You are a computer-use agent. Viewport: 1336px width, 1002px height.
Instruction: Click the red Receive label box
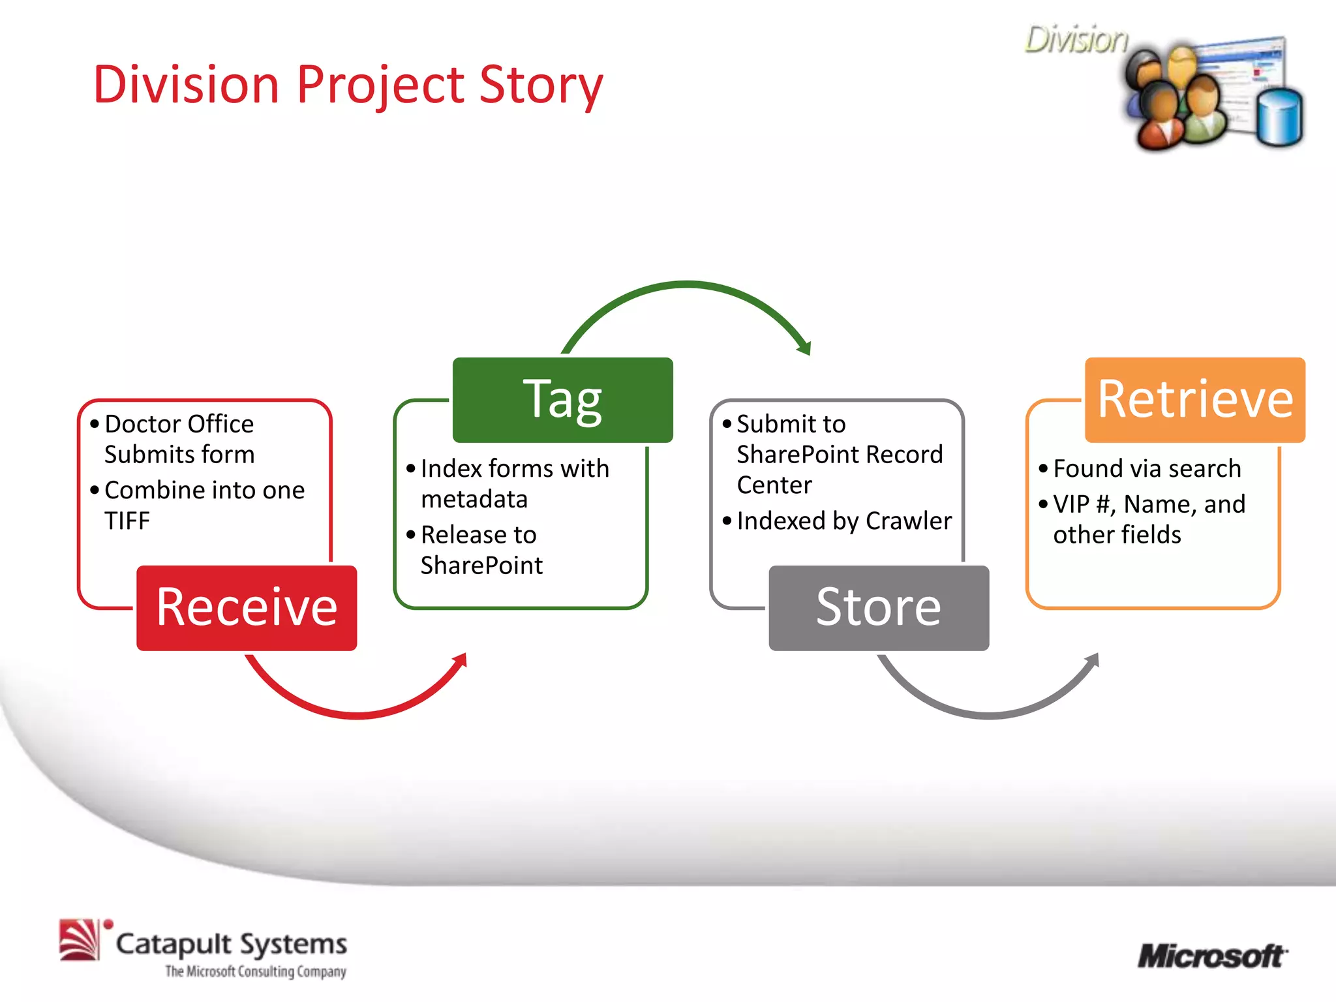coord(247,607)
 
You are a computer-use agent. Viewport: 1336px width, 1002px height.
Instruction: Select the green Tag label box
coord(562,399)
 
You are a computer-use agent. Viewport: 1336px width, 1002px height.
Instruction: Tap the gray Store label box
coord(878,607)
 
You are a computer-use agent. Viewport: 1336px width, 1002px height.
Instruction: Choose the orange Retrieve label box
coord(1194,399)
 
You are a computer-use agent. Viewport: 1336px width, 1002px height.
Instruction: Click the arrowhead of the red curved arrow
coord(461,660)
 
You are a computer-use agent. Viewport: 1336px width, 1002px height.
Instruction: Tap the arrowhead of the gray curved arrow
coord(1093,660)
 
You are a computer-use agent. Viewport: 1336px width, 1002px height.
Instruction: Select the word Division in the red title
coord(186,85)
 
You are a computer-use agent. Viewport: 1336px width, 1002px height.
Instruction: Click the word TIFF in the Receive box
coord(127,521)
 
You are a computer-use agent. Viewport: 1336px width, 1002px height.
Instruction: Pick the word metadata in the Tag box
coord(474,499)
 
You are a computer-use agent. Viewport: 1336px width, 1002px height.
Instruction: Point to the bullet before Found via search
coord(1042,468)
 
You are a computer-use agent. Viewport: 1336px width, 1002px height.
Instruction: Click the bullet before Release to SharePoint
coord(410,535)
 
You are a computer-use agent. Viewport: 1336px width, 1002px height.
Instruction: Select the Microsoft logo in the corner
coord(1212,956)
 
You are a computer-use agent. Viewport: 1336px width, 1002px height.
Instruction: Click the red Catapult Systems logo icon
coord(80,940)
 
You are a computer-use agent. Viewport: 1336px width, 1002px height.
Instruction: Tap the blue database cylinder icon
coord(1279,117)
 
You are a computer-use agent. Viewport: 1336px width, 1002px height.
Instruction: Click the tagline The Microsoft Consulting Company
coord(255,971)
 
